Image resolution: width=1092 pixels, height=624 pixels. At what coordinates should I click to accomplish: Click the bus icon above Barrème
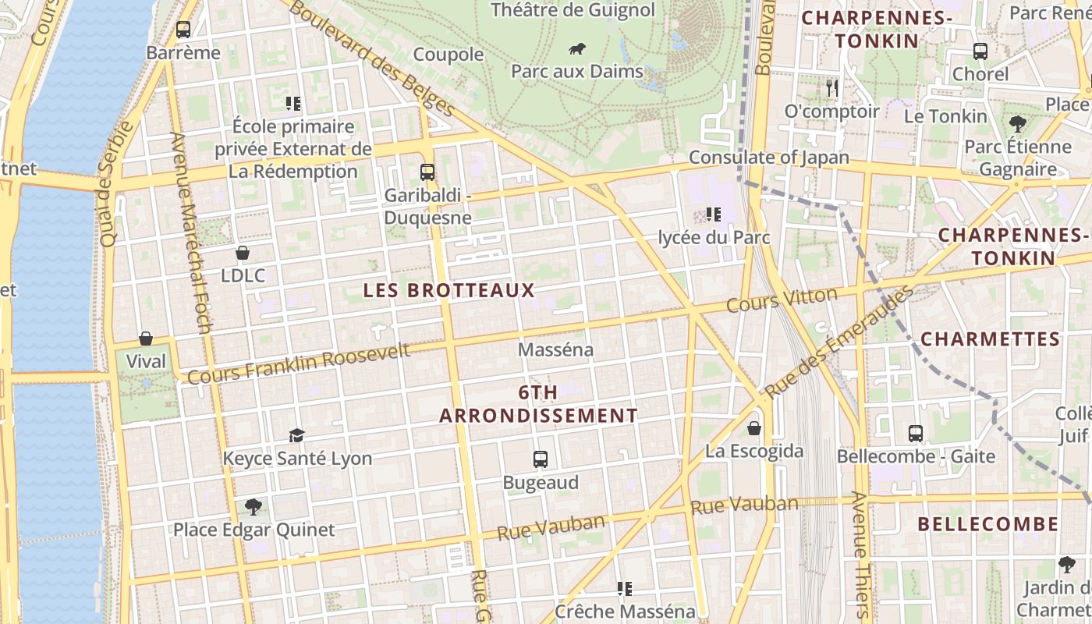pos(183,30)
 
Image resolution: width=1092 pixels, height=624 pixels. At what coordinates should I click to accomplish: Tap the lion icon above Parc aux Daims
pos(577,50)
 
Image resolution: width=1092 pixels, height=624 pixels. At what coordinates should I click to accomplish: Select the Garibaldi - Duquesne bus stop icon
pos(427,172)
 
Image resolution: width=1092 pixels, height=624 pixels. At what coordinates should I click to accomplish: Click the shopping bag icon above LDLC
pos(243,253)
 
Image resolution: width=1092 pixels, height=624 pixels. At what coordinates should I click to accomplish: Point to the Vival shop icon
pos(146,339)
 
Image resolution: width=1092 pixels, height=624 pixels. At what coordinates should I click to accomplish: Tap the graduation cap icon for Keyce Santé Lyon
pos(296,435)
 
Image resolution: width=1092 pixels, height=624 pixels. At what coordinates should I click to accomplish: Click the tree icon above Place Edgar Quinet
pos(253,507)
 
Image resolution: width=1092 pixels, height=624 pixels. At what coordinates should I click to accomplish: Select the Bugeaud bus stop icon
pos(541,459)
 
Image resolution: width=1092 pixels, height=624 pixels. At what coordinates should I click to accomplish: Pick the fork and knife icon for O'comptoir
pos(832,88)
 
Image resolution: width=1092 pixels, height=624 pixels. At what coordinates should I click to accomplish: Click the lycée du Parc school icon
pos(713,214)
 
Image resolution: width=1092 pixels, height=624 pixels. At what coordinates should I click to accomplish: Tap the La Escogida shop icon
pos(754,428)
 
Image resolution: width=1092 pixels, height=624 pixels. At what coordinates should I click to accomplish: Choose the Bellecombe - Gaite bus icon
pos(916,433)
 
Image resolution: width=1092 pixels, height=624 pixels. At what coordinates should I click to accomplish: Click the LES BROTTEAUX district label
pos(449,290)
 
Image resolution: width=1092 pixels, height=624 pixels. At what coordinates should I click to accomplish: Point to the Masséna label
pos(555,350)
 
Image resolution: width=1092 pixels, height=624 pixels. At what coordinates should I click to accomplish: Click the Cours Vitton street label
pos(782,300)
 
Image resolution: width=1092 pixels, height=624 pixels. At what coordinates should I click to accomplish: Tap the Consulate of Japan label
pos(769,157)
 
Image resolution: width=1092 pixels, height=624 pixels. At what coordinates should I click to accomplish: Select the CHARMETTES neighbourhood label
pos(990,339)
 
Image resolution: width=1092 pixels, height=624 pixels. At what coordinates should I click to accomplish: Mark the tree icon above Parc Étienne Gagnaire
pos(1017,123)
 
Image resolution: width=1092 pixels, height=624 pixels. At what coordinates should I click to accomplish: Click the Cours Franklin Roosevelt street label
pos(299,363)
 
